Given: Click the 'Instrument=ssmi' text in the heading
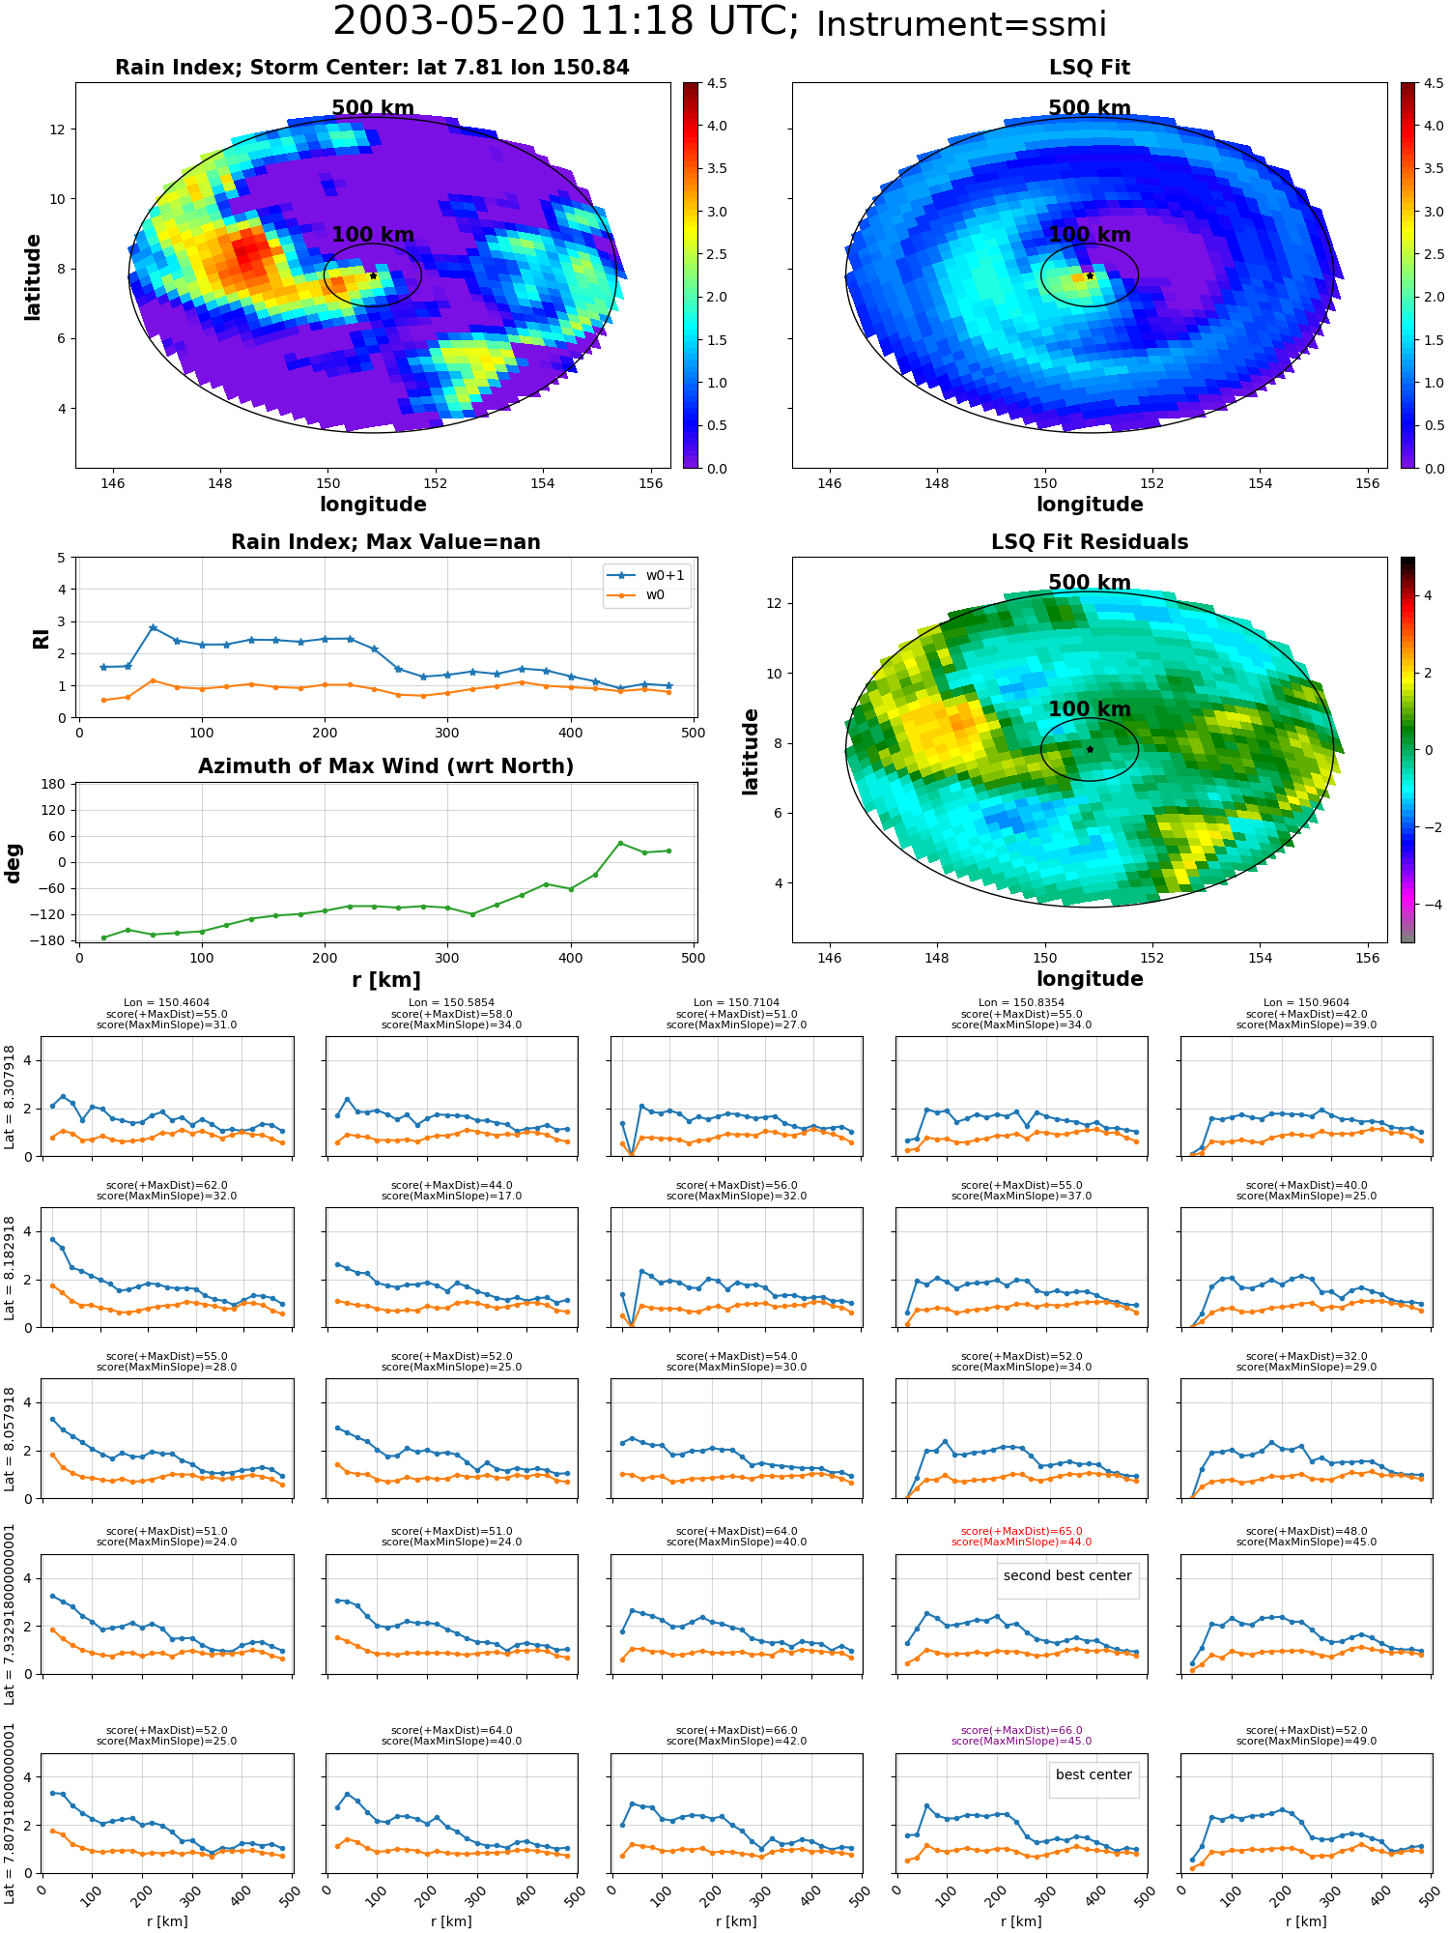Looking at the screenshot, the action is [x=961, y=25].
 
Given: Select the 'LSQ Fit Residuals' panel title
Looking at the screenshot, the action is [x=1090, y=542].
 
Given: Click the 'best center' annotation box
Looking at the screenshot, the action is [x=1094, y=1774].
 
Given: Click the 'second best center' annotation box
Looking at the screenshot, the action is [x=1067, y=1575].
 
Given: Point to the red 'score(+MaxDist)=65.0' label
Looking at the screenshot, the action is [x=1021, y=1531].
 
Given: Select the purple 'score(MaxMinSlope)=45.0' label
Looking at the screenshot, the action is [x=1021, y=1741].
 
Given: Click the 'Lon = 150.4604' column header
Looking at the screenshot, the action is [x=166, y=1003].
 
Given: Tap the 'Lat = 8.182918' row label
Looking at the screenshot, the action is [x=10, y=1268].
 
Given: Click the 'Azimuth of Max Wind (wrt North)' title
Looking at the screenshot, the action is [x=385, y=766].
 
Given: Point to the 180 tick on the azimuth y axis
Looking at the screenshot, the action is [x=53, y=784].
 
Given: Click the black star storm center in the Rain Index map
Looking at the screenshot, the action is [x=373, y=275].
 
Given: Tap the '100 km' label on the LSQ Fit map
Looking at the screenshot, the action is [x=1090, y=235].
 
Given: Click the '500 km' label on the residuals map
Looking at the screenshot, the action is [x=1090, y=583].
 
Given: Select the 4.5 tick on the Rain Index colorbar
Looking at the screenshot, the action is [x=717, y=83].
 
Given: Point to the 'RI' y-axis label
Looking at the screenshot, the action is [x=42, y=638].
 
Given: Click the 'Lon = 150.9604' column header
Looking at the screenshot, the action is [x=1306, y=1003].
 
